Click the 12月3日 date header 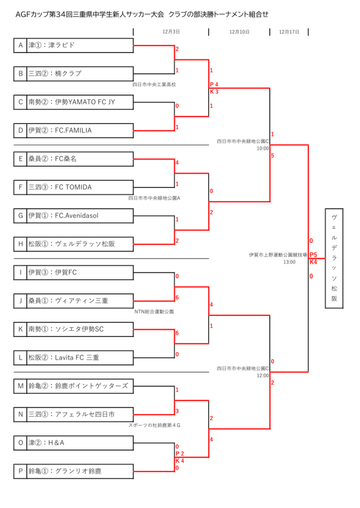click(171, 32)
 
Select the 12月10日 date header click(239, 32)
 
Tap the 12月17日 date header click(289, 32)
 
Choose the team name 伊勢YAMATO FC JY click(85, 102)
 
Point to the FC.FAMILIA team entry click(73, 130)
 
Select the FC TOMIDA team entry click(73, 187)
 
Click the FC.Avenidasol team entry click(76, 215)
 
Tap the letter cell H click(20, 244)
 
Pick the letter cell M click(20, 386)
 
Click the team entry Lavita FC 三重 click(77, 357)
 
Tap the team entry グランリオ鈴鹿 click(78, 471)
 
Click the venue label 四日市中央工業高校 click(154, 84)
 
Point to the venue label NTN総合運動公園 click(154, 312)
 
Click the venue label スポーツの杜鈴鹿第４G click(154, 425)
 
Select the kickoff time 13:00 click(289, 262)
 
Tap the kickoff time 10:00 click(263, 148)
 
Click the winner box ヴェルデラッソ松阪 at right click(334, 258)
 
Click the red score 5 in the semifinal click(273, 155)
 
